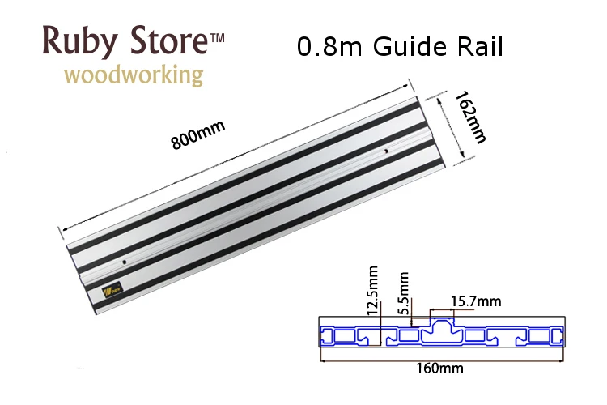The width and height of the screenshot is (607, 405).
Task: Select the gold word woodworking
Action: point(134,76)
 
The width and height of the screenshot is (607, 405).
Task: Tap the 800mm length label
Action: point(197,133)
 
